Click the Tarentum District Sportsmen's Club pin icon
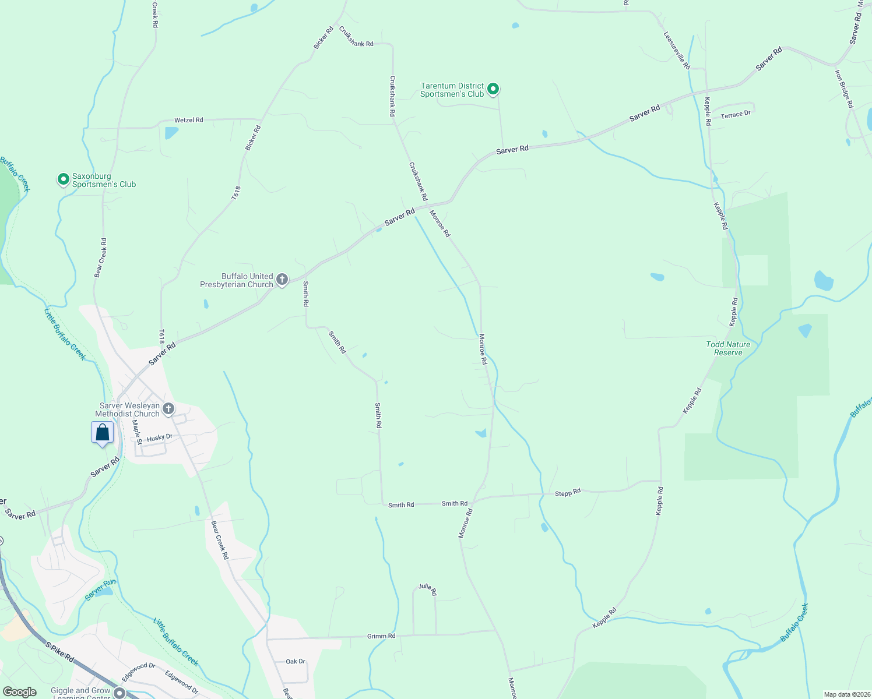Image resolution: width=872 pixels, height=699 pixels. tap(493, 89)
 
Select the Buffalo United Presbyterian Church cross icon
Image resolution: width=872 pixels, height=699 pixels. tap(282, 280)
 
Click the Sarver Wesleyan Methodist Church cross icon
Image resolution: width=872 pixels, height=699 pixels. tap(168, 409)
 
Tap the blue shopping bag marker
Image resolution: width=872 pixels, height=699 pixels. tap(103, 433)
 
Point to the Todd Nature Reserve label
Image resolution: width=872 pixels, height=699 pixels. tap(728, 348)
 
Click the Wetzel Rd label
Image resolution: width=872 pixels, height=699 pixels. tap(189, 120)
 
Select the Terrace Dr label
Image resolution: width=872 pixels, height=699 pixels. tap(736, 115)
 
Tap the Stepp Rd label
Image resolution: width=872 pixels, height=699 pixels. tap(568, 493)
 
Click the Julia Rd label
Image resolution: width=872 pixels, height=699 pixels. tap(427, 589)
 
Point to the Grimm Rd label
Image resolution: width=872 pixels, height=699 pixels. tap(381, 636)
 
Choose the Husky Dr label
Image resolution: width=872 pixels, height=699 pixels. tap(160, 437)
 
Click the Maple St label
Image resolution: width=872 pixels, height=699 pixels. tap(137, 432)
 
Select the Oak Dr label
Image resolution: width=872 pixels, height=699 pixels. tap(296, 661)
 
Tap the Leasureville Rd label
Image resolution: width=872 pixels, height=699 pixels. tap(677, 51)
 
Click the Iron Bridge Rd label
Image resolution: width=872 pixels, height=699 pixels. tap(844, 89)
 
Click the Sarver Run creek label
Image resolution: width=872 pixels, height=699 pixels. tap(100, 590)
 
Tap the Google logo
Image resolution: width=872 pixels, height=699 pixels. tap(20, 691)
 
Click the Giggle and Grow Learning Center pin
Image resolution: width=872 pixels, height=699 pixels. tap(119, 693)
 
